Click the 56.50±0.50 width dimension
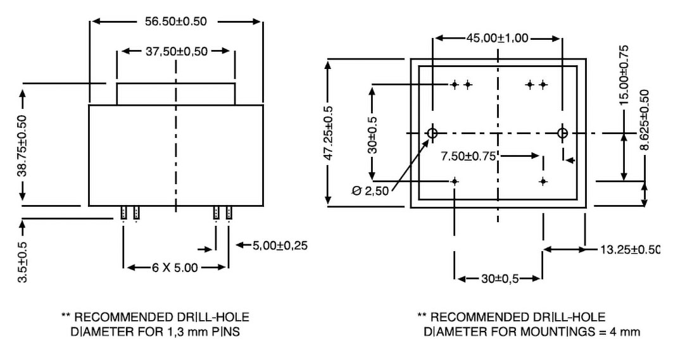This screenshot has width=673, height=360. coord(175,22)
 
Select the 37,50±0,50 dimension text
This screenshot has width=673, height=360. coord(177,51)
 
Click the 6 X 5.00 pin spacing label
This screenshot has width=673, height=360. coord(175,268)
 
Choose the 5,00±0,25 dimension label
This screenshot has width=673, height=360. coord(280,245)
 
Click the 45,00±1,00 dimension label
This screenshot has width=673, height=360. coord(498,38)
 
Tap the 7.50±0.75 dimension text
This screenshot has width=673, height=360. coord(469,156)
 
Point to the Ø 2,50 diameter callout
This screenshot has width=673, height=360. coord(370,190)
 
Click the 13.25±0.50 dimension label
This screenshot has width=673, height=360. coord(629,249)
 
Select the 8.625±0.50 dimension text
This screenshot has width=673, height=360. coord(644,120)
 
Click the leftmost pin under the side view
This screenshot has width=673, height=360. coord(123,213)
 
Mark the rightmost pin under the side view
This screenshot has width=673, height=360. coord(229,213)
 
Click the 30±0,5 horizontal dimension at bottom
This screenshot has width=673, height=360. coord(500,279)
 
